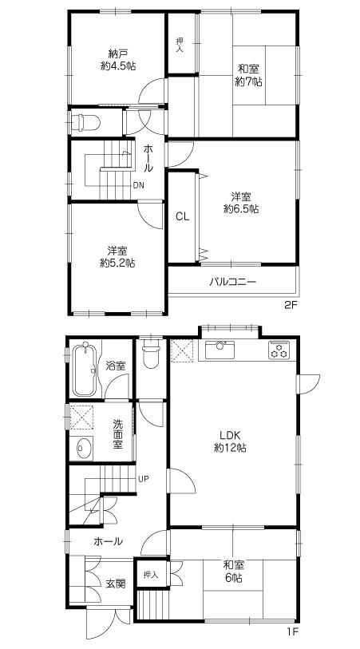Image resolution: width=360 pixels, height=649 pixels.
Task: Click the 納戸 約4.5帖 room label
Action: tap(117, 60)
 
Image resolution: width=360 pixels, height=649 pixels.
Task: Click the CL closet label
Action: tap(182, 216)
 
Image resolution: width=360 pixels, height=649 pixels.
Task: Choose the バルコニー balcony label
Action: tap(233, 281)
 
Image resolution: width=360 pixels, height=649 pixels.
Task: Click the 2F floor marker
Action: tap(292, 304)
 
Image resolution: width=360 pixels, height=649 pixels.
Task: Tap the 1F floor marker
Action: tap(292, 632)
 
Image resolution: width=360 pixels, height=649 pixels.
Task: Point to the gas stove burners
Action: tap(279, 349)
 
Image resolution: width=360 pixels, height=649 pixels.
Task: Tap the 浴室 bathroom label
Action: tap(116, 366)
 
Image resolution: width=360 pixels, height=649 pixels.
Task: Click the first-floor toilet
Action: tap(149, 356)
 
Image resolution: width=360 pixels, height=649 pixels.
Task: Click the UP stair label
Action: tap(144, 479)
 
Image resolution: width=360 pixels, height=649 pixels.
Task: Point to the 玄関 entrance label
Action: tap(116, 584)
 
